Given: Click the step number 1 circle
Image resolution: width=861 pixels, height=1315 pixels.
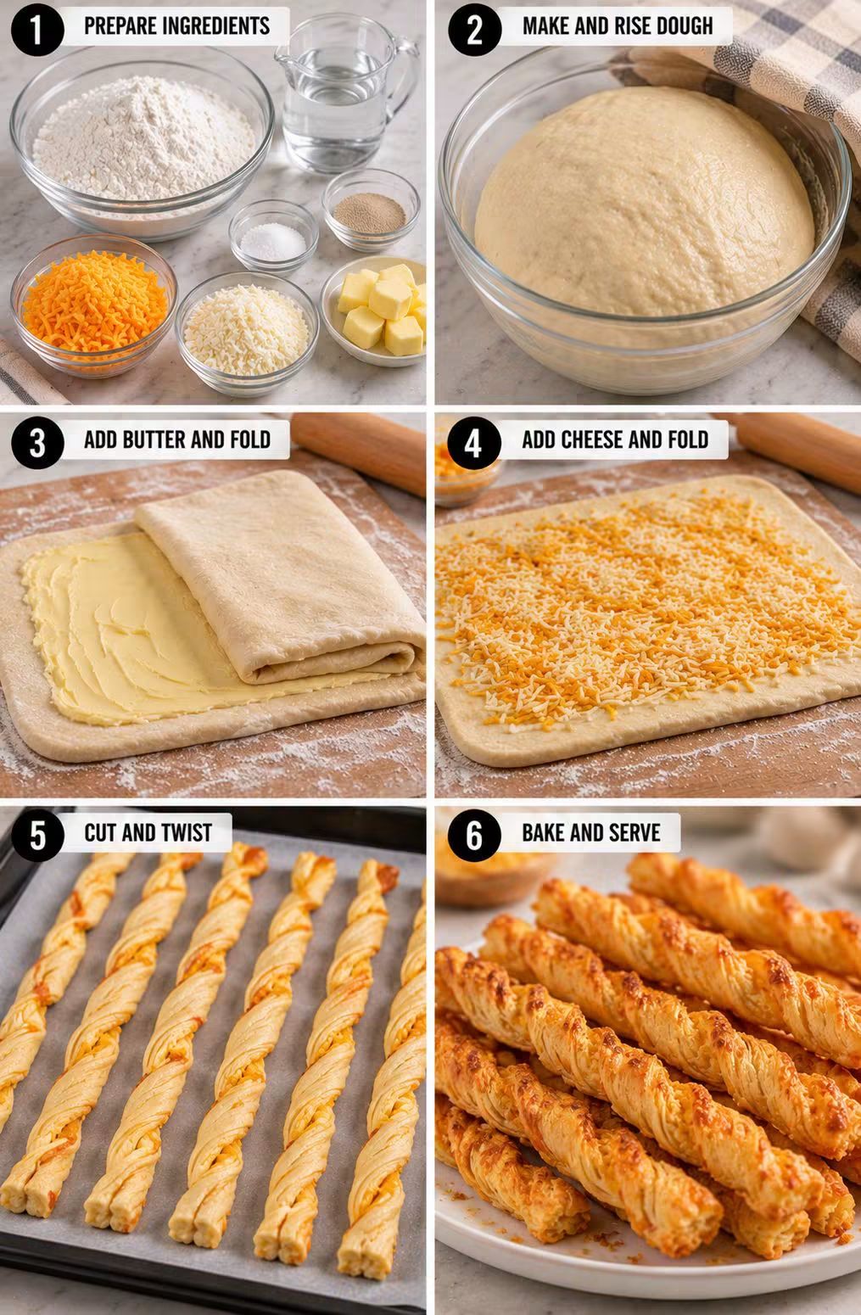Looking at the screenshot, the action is click(x=37, y=30).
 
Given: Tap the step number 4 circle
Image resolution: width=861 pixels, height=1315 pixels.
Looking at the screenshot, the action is click(x=473, y=443).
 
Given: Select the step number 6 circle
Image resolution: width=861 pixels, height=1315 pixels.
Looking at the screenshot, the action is click(x=473, y=835).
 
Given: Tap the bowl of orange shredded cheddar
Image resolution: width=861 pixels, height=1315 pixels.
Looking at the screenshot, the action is click(x=94, y=305).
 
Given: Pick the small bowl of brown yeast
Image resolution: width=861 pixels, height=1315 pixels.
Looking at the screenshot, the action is click(x=371, y=209).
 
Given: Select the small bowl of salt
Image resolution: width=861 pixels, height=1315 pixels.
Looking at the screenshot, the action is click(x=273, y=237).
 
